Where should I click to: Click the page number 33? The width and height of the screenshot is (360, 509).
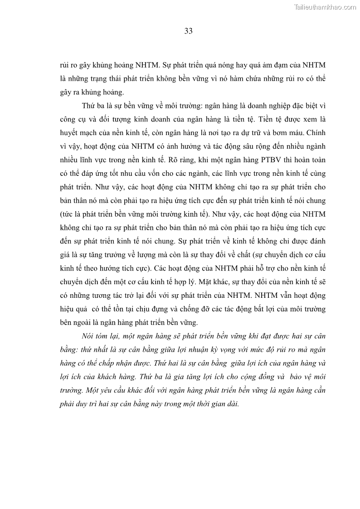pos(189,31)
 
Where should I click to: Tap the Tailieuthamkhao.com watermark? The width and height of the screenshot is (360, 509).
pos(325,7)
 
